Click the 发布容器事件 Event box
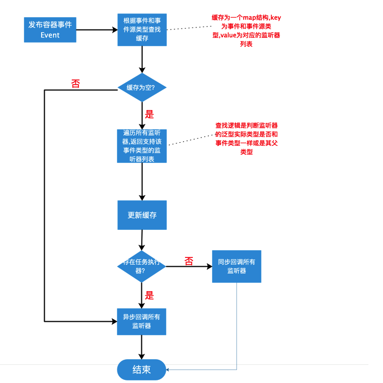pos(50,30)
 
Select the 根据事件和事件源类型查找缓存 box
pos(142,29)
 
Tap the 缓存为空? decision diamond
pos(142,87)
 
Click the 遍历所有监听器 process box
pos(142,146)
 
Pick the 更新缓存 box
pos(142,215)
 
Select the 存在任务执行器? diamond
pos(141,267)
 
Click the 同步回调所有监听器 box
pos(236,266)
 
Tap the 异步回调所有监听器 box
pos(141,321)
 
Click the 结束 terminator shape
pos(141,370)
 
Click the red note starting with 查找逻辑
pos(246,139)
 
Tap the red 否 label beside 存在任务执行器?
pos(189,261)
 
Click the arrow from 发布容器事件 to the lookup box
pos(97,30)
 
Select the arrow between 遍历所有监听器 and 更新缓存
pos(142,181)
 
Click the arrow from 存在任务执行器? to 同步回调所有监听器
pos(189,267)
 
